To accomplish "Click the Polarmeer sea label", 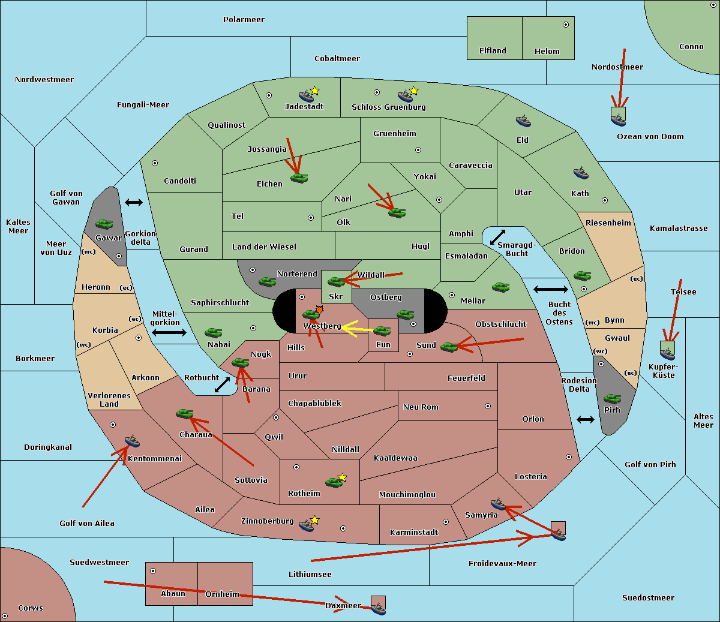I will coord(244,20).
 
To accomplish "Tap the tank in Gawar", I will coord(104,224).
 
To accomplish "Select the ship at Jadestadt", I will coord(306,96).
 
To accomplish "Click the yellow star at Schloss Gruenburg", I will coord(413,91).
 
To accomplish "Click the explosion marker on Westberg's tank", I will coord(319,309).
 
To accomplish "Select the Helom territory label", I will coord(547,52).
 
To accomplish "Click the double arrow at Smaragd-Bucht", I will coord(497,238).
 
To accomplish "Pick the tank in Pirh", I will coord(613,399).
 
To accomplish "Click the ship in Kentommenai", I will coord(132,441).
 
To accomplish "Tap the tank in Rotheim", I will coord(334,482).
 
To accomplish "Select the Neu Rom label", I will coord(421,407).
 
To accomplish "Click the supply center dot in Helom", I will coord(565,25).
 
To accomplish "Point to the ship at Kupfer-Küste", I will coord(667,354).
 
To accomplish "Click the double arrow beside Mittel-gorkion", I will coord(169,332).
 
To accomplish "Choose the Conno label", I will coord(691,47).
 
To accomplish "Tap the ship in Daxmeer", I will coord(378,609).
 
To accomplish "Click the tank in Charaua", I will coord(184,413).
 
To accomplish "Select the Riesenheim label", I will coord(608,223).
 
